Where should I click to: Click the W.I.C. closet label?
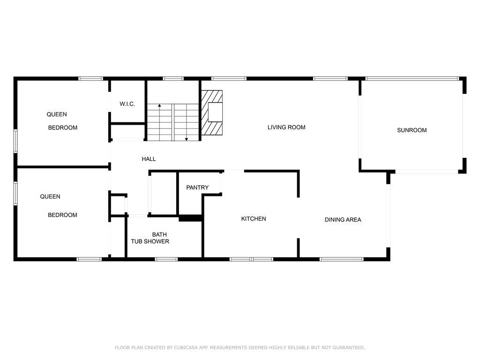point(127,104)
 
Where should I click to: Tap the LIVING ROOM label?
point(286,127)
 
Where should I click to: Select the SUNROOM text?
point(412,130)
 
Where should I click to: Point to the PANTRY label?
point(197,187)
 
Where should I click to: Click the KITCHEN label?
point(254,219)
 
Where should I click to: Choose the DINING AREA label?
point(343,219)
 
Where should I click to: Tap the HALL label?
point(149,159)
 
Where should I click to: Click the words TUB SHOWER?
point(150,241)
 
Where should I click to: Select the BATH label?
point(159,234)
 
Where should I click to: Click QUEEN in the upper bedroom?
point(57,114)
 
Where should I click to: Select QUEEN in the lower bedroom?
point(50,197)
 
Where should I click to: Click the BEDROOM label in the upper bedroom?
point(63,127)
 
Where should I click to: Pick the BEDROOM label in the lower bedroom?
point(62,215)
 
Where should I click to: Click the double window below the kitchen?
point(251,259)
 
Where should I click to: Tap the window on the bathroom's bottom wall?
point(166,259)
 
